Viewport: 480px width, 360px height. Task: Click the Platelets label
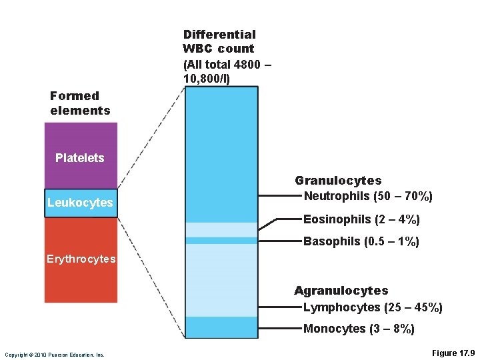tap(80, 158)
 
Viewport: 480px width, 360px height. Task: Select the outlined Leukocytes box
tap(81, 203)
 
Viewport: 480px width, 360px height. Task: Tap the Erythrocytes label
tap(81, 259)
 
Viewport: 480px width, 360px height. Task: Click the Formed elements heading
tap(80, 103)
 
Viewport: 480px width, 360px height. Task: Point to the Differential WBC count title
tap(219, 41)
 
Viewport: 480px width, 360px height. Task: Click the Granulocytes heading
tap(338, 181)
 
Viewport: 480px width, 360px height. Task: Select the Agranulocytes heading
tap(341, 291)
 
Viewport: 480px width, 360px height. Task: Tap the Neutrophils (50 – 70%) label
tap(368, 197)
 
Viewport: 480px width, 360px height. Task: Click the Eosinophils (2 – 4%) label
tap(361, 219)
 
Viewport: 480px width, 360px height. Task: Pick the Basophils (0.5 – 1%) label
tap(361, 241)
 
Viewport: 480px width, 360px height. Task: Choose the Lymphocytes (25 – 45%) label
tap(373, 307)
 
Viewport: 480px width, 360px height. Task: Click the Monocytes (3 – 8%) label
tap(359, 329)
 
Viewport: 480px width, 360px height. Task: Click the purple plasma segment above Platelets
tap(81, 137)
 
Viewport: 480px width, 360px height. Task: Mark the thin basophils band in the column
tap(221, 241)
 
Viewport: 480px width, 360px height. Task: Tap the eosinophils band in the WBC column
tap(221, 229)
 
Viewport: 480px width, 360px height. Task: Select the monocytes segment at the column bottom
tap(221, 327)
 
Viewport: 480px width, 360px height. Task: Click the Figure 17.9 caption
tap(453, 352)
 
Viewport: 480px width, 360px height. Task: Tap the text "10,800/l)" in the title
tap(207, 79)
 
